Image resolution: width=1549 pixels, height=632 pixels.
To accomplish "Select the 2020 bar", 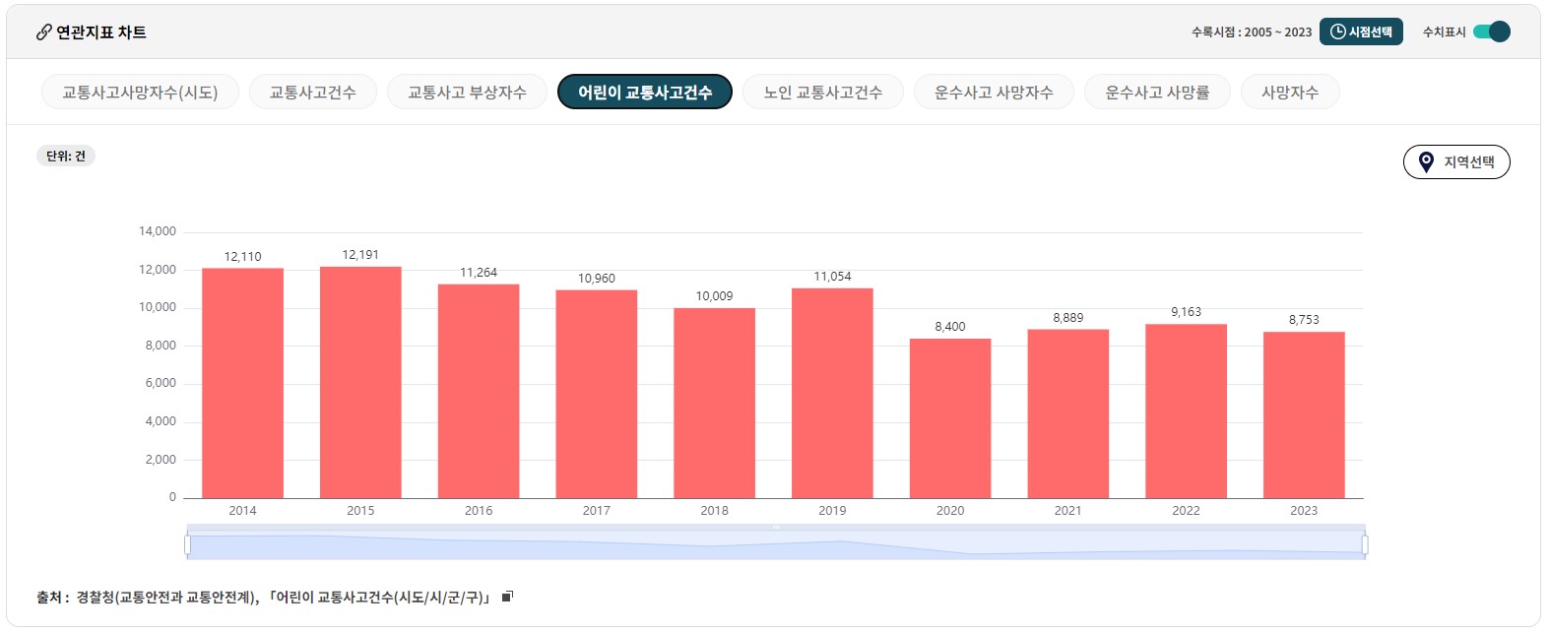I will coord(950,418).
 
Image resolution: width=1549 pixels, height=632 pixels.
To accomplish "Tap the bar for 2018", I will coord(714,403).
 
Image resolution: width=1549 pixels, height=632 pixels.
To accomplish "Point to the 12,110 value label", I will coord(242,257).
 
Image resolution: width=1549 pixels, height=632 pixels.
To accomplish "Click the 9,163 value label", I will coord(1186,312).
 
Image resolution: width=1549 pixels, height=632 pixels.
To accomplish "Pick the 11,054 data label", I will coord(832,277).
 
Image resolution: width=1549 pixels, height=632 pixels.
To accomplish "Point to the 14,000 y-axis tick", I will coord(158,231).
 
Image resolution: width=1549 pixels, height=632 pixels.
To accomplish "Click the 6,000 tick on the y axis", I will coord(161,383).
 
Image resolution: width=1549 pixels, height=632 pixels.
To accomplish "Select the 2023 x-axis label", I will coord(1304,510).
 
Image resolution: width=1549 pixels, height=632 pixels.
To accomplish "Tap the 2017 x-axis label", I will coord(596,510).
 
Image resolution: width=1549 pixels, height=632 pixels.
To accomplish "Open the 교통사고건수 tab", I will coord(312,93).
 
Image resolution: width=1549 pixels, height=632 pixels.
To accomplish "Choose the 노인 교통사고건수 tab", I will coord(822,93).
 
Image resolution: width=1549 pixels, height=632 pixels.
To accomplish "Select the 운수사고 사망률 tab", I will coord(1156,93).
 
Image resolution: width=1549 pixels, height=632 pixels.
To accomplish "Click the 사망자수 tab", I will coord(1289,93).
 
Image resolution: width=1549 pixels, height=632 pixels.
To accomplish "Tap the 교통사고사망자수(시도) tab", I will coord(140,93).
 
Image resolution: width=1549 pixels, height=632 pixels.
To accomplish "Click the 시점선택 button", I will coord(1361,32).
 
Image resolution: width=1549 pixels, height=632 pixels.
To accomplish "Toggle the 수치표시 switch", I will coord(1492,32).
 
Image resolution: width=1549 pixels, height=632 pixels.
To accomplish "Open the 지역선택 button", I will coord(1456,162).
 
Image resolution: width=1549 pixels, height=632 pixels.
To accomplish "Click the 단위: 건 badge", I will coord(66,156).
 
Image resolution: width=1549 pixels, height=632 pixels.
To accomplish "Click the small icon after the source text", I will coord(508,597).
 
